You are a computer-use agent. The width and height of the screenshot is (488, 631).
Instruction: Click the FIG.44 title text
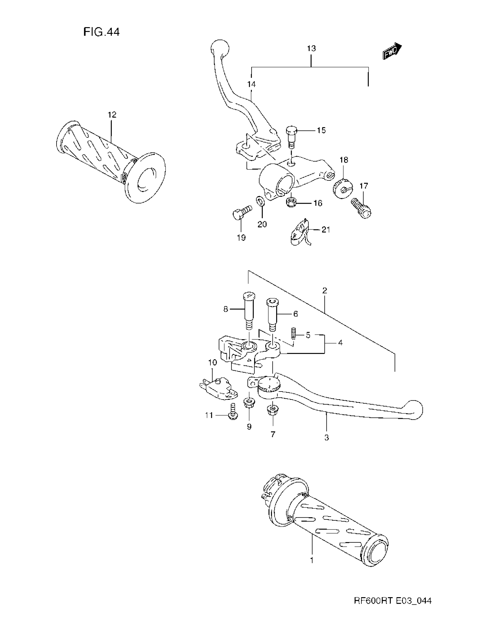(101, 32)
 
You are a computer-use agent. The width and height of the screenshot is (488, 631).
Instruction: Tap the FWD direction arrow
(392, 52)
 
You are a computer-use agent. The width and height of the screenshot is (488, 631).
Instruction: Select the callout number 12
(112, 115)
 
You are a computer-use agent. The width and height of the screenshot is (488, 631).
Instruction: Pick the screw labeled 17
(361, 208)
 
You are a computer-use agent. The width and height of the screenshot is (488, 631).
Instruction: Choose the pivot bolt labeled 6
(272, 315)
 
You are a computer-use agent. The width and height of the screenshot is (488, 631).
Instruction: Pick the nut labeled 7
(272, 410)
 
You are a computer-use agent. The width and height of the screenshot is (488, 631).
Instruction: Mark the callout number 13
(311, 48)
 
